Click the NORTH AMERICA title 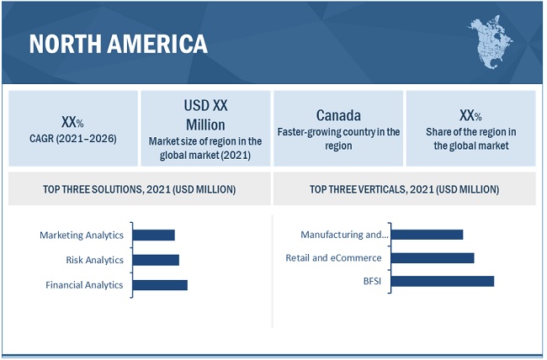pos(118,44)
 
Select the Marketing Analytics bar pos(153,236)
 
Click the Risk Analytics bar pos(156,260)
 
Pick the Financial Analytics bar pos(160,284)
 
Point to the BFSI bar pos(443,281)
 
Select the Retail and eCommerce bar pos(433,257)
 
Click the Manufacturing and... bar pos(428,234)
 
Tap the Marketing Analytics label pos(82,236)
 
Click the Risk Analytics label pos(94,260)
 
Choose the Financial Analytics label pos(84,284)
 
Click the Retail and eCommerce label pos(333,257)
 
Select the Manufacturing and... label pos(345,234)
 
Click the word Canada pos(338,114)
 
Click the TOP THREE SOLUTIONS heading pos(139,188)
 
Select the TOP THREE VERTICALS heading pos(404,188)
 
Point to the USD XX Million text pos(205,114)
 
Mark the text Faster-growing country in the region pos(338,139)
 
